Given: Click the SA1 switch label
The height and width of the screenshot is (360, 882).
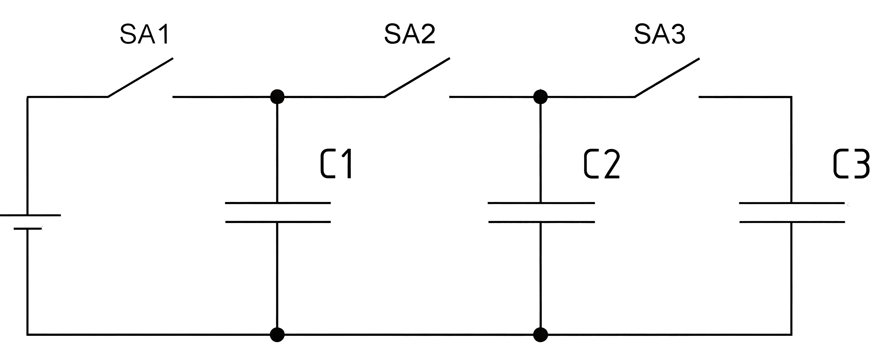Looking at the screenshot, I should coord(144,34).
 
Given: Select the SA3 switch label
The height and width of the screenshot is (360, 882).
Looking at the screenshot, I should coord(660,34).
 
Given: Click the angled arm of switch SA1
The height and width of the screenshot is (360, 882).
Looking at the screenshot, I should coord(140,78).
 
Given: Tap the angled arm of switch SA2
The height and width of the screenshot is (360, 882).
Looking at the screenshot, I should coord(417,78).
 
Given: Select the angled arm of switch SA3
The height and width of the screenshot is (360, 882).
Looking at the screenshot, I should coord(667,78).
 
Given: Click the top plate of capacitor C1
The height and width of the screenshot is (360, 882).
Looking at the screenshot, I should coord(278,203).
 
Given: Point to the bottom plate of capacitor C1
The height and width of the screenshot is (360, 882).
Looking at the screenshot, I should coord(278,222).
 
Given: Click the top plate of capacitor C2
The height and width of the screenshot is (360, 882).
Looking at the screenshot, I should coord(541,203).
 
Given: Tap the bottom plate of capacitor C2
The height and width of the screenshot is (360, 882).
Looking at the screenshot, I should coord(541,222).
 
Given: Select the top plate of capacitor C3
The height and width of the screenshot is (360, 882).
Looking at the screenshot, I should coord(792,203).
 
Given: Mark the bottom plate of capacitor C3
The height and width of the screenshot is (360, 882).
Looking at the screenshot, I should coord(792,222).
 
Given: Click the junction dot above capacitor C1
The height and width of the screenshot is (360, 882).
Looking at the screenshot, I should coord(277,97).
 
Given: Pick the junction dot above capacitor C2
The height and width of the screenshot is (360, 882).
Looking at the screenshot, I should coord(541,97).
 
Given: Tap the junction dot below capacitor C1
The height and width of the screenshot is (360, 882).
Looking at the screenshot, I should coord(277,334).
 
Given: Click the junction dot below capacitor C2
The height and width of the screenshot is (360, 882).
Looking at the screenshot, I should coord(541,334).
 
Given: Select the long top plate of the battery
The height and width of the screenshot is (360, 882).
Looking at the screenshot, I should coord(30,215).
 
